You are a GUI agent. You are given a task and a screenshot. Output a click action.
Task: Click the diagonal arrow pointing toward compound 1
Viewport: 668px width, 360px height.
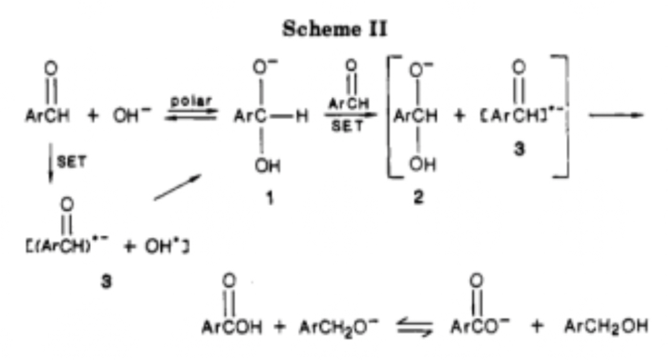(x=178, y=192)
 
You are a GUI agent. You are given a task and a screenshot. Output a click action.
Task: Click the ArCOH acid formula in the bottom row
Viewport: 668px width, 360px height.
(x=232, y=327)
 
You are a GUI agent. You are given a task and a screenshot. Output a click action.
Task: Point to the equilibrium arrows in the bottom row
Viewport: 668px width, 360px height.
(x=409, y=327)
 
